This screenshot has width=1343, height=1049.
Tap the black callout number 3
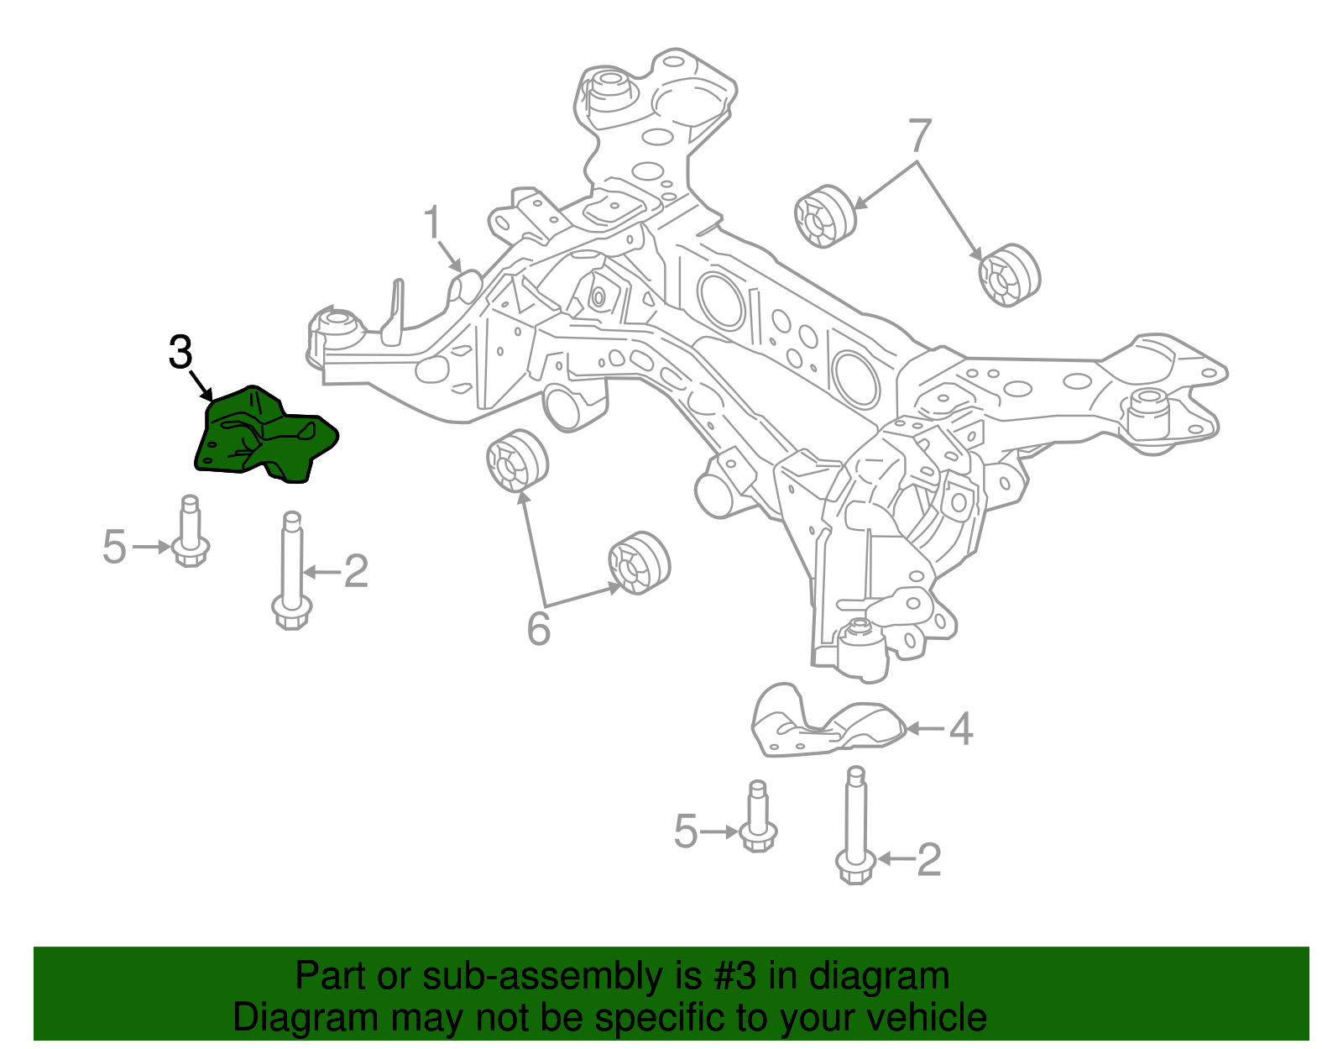click(180, 353)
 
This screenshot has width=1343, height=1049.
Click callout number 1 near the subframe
click(431, 223)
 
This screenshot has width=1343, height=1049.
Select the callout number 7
click(920, 135)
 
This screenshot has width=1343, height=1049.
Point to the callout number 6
click(538, 628)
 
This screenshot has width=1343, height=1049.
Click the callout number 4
click(961, 729)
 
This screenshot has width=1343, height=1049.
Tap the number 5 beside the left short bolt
click(114, 547)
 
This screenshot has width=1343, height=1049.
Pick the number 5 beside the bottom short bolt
click(686, 831)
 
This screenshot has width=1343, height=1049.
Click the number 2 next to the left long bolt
click(356, 572)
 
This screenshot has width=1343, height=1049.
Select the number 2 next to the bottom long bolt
click(928, 860)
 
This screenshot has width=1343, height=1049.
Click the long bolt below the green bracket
click(292, 571)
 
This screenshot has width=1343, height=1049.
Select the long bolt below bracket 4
click(855, 827)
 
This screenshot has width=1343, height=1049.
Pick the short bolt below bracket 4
click(758, 819)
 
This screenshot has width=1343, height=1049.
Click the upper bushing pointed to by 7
click(824, 217)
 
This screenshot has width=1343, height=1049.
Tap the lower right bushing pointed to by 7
click(1009, 275)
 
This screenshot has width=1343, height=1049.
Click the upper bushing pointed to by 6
click(517, 460)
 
